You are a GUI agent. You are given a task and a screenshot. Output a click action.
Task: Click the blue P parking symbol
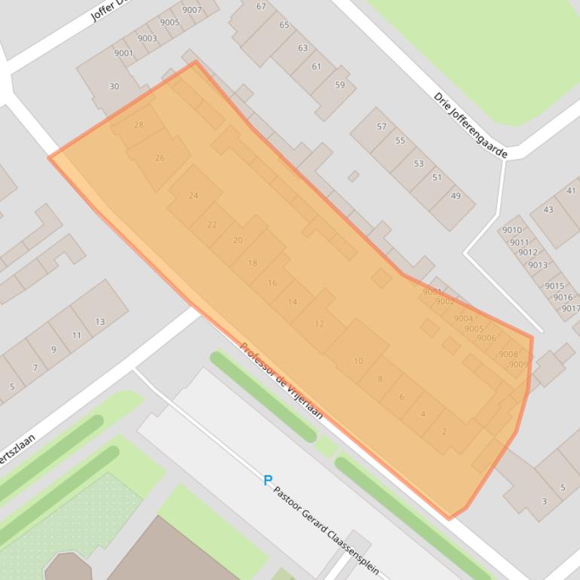pos(267,480)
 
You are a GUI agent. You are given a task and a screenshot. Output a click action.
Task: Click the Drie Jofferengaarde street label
pos(471,125)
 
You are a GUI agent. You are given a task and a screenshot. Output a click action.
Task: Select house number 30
pos(114,87)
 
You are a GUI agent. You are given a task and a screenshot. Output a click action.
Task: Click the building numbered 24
pos(194,196)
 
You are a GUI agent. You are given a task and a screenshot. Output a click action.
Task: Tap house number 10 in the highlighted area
pos(358,361)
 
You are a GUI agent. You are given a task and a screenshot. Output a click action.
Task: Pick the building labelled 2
pos(444,432)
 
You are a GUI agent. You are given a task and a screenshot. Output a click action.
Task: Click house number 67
pos(261,7)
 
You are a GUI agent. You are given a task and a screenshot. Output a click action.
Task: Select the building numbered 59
pos(340,85)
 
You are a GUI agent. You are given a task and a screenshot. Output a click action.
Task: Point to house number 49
pos(456,197)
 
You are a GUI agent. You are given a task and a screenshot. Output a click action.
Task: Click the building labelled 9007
pos(192,10)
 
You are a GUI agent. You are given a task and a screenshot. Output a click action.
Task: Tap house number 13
pos(99,322)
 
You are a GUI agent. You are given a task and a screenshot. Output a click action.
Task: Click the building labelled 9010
pos(511,230)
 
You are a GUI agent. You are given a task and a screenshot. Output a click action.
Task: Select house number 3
pos(544,501)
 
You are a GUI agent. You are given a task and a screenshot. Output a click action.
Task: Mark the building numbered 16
pos(272,283)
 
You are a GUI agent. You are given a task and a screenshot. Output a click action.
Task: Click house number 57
pos(381,127)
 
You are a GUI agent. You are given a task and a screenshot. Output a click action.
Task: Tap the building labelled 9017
pos(570,308)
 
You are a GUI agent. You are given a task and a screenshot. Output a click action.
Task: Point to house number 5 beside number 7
pos(12,387)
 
